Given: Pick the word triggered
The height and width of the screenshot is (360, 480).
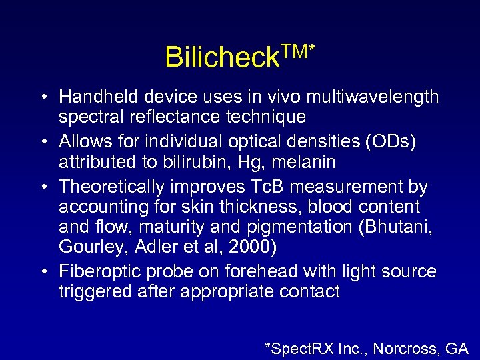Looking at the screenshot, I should [90, 291].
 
